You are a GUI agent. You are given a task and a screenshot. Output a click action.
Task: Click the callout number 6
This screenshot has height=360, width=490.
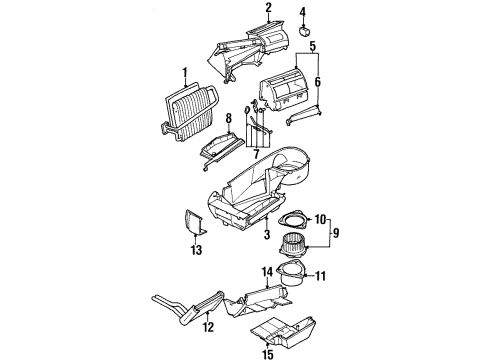click(x=319, y=81)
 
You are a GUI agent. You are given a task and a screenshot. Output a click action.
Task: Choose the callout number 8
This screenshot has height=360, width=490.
click(x=228, y=120)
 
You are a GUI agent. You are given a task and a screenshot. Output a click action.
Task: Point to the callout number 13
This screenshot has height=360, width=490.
click(x=197, y=248)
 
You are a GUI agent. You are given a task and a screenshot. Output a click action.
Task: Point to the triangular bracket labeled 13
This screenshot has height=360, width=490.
click(x=196, y=224)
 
